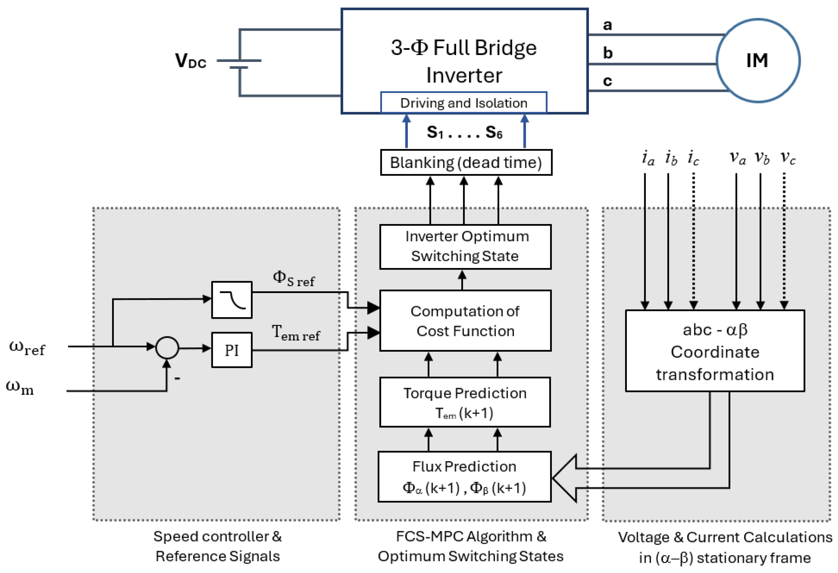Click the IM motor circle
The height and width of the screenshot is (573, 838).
(758, 61)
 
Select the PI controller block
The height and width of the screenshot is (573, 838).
(231, 350)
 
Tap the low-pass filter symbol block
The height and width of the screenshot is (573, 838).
(231, 300)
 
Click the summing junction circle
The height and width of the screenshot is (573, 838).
(167, 348)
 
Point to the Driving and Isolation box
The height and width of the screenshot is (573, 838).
(464, 103)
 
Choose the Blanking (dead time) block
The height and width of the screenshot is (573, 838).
(466, 163)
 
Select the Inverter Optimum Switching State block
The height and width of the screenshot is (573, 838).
(465, 247)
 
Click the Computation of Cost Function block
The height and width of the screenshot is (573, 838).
(465, 321)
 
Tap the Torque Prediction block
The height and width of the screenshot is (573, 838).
(465, 402)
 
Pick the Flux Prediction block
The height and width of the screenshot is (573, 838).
(465, 476)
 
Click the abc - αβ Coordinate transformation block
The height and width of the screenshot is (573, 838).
(715, 351)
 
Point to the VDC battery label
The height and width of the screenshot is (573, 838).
(190, 61)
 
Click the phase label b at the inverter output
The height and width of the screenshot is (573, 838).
(608, 53)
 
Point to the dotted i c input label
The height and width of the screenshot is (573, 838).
(693, 158)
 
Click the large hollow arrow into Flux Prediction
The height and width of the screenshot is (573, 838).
(566, 478)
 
